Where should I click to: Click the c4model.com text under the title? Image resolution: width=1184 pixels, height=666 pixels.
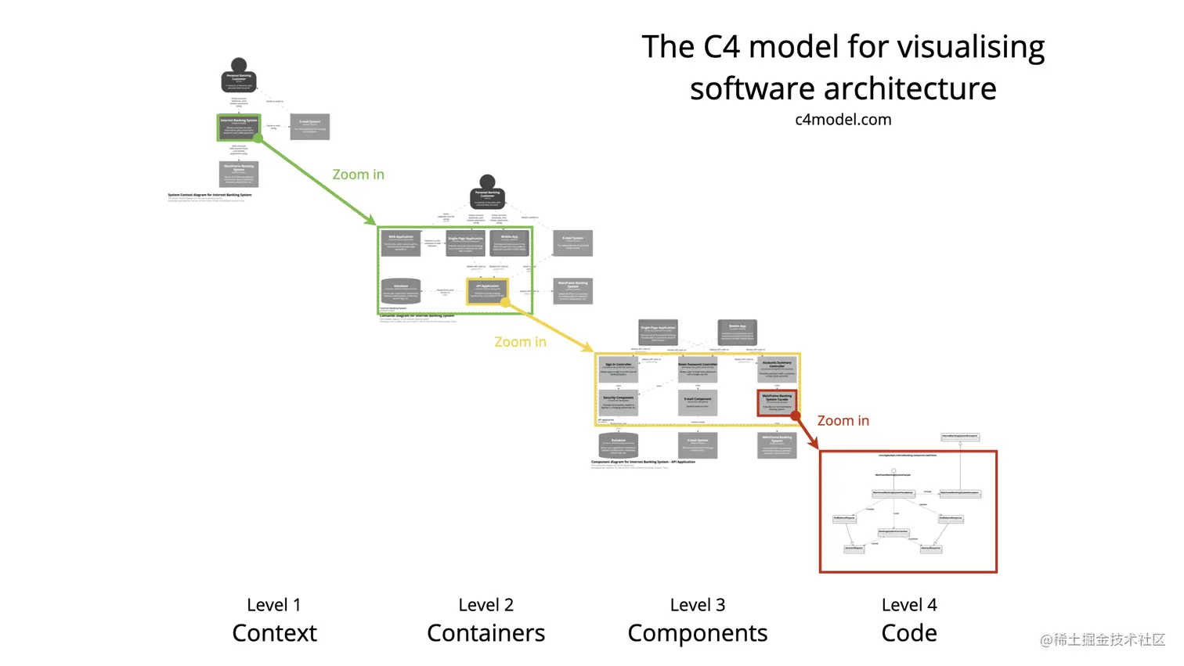[x=843, y=120]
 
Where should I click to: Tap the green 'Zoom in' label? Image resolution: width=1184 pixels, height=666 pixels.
[x=358, y=175]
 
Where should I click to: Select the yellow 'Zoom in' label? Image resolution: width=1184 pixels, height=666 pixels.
[x=520, y=342]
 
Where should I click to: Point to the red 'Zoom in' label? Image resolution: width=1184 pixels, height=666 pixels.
[x=843, y=421]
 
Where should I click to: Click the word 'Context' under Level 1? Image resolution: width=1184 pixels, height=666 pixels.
[x=274, y=633]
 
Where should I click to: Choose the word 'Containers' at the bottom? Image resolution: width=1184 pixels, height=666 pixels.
[x=486, y=633]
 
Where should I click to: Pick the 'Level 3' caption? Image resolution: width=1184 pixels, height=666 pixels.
[x=697, y=605]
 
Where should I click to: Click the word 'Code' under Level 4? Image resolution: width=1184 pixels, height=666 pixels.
[x=908, y=633]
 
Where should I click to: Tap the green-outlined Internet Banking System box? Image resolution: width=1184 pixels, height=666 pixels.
[x=239, y=127]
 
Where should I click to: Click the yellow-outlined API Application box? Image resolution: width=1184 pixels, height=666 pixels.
[x=486, y=290]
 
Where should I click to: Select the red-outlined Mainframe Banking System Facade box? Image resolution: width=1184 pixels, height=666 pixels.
[x=777, y=402]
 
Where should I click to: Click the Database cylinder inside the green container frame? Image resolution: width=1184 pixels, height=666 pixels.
[x=400, y=291]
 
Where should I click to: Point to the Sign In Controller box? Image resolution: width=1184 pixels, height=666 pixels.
[x=618, y=369]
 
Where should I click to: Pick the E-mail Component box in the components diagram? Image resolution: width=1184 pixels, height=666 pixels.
[x=697, y=402]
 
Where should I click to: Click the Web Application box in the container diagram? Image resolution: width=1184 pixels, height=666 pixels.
[x=400, y=243]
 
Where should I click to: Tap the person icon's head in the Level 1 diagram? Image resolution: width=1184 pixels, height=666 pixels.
[x=239, y=65]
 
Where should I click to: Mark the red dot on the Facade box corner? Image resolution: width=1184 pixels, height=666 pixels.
[x=796, y=416]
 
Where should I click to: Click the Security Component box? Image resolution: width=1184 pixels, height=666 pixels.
[x=618, y=402]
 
